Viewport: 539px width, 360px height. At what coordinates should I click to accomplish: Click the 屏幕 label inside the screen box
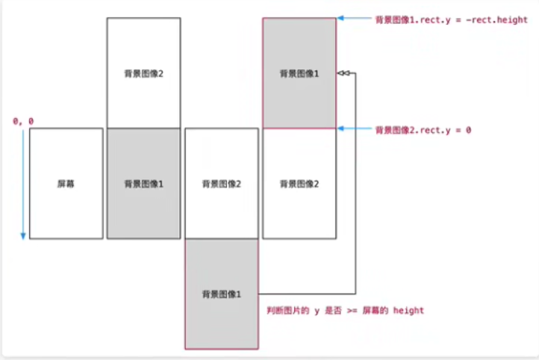coord(66,183)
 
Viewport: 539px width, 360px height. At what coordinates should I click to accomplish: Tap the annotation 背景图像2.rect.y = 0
coord(423,130)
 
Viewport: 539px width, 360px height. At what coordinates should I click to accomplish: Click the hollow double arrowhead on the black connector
coord(343,73)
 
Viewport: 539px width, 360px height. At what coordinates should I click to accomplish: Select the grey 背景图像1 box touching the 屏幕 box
coord(143,183)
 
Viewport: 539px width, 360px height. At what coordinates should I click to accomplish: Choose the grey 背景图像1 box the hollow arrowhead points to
coord(299,73)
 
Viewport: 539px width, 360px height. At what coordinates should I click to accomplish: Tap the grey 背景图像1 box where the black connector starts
coord(221,294)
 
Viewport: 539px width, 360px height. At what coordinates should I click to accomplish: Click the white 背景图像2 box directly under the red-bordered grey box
coord(299,183)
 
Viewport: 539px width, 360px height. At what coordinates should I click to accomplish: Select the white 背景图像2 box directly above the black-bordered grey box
coord(143,73)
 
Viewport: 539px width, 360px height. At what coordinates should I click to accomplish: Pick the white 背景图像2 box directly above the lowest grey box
coord(221,183)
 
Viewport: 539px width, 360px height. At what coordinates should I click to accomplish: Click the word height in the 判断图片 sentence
coord(408,310)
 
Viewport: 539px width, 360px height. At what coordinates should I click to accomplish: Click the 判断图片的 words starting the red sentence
coord(284,310)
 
